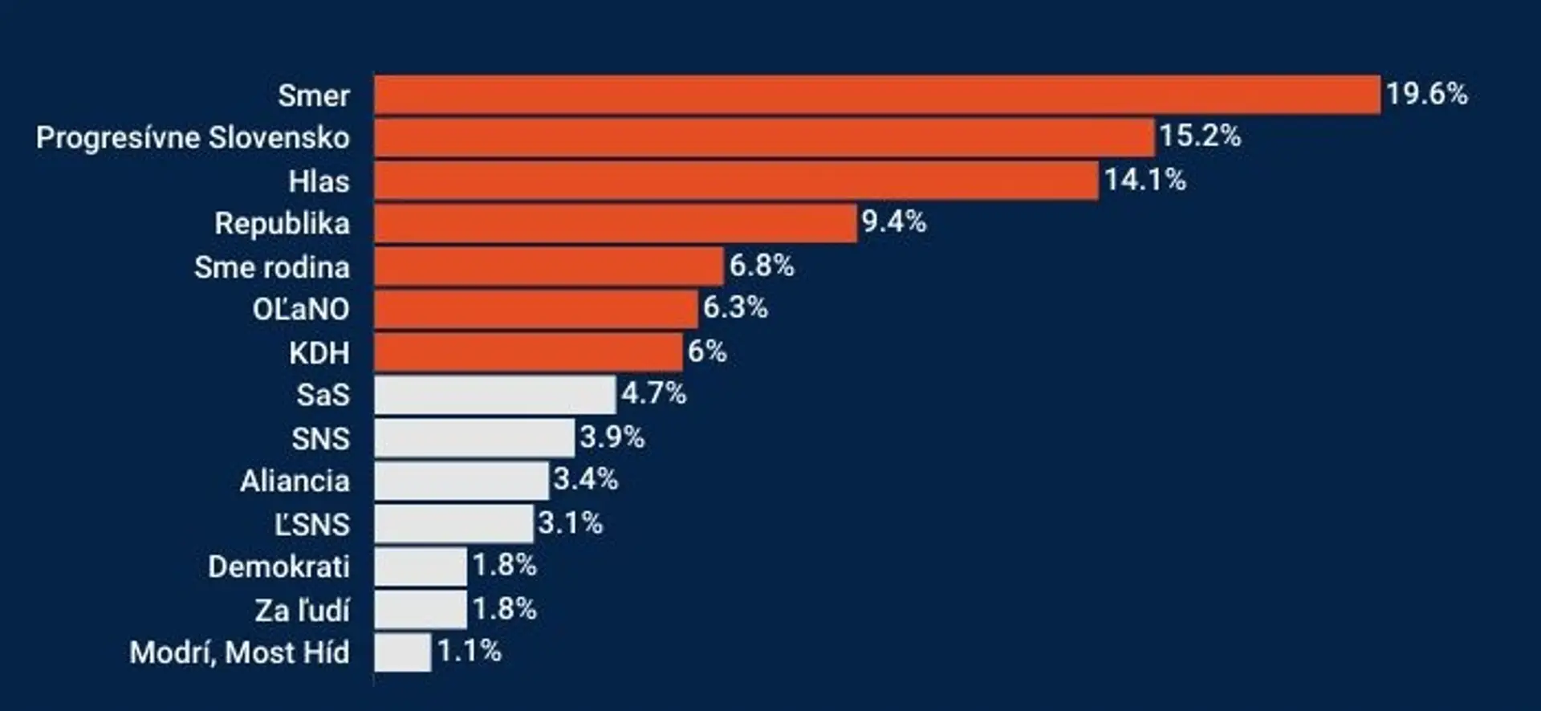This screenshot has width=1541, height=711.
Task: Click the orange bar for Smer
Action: pos(877,95)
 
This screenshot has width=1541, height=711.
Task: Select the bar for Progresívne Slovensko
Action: pos(764,137)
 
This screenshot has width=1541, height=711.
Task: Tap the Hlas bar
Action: pos(736,181)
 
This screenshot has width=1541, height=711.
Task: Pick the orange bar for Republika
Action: pos(616,223)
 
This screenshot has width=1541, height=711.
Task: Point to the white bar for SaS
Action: pos(495,395)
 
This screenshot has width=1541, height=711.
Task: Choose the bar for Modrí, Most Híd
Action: pos(402,652)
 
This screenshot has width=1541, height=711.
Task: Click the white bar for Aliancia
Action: pos(461,481)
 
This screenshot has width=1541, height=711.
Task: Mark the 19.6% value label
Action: pos(1427,94)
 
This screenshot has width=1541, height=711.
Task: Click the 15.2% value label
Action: pos(1200,136)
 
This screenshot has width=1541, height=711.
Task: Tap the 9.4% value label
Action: pos(894,222)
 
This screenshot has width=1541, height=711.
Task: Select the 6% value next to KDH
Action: pos(707,351)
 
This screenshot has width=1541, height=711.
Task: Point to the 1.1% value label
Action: pos(470,651)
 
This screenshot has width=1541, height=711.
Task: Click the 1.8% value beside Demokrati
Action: pos(504,566)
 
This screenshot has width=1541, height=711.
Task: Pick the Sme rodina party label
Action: pos(272,267)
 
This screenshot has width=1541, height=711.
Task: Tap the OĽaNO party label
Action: pos(301,309)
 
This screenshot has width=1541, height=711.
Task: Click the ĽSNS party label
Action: pos(312,524)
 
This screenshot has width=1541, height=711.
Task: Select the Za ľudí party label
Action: pos(303,610)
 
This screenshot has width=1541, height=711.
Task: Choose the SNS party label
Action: pos(321,439)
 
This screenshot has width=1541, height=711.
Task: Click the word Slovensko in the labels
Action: pos(279,138)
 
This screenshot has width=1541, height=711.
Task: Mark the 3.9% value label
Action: pos(612,437)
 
